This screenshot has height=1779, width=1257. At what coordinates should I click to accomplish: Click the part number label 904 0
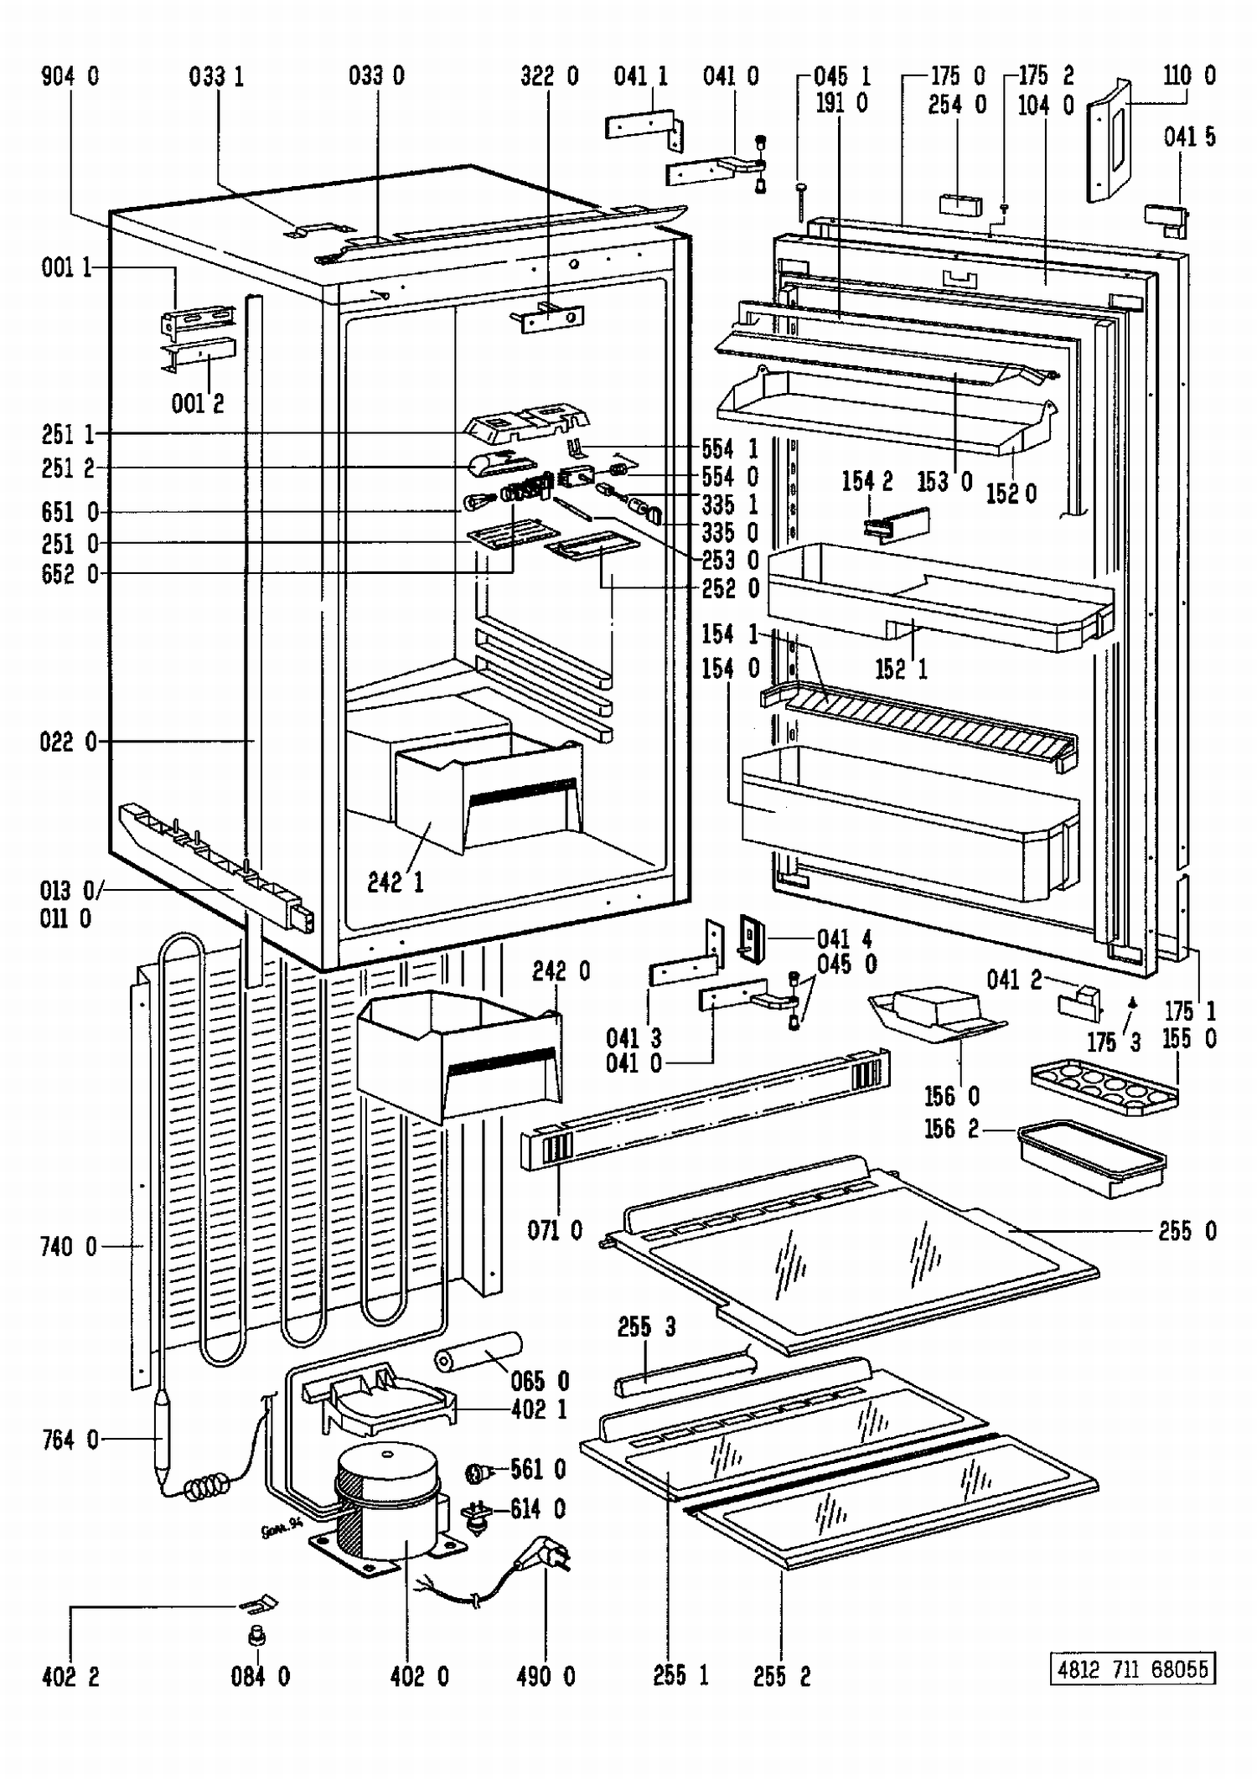pos(70,77)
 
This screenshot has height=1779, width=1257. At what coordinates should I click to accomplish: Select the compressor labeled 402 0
pos(387,1502)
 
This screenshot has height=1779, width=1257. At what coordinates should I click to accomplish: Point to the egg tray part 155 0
pos(1104,1086)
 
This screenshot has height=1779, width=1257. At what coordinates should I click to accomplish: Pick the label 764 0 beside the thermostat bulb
pos(70,1440)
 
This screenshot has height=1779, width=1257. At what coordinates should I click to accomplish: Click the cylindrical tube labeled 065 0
pos(478,1352)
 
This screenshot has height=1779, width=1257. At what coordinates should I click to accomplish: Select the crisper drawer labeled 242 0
pos(459,1053)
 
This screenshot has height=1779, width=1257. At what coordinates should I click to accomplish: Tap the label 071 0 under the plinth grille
pos(554,1231)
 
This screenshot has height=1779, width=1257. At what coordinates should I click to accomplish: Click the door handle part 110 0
pos(1110,141)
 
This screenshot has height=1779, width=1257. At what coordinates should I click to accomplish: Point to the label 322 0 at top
pos(549,77)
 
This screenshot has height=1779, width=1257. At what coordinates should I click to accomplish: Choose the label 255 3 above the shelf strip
pos(646,1327)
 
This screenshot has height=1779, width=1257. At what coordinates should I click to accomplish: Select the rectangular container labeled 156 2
pos(1092,1160)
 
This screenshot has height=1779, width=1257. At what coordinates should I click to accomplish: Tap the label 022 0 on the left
pos(68,742)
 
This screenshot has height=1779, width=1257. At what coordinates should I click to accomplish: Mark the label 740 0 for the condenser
pos(68,1247)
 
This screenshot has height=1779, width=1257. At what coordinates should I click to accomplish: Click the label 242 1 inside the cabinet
pos(395,882)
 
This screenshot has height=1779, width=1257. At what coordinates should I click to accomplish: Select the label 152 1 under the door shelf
pos(901,669)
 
